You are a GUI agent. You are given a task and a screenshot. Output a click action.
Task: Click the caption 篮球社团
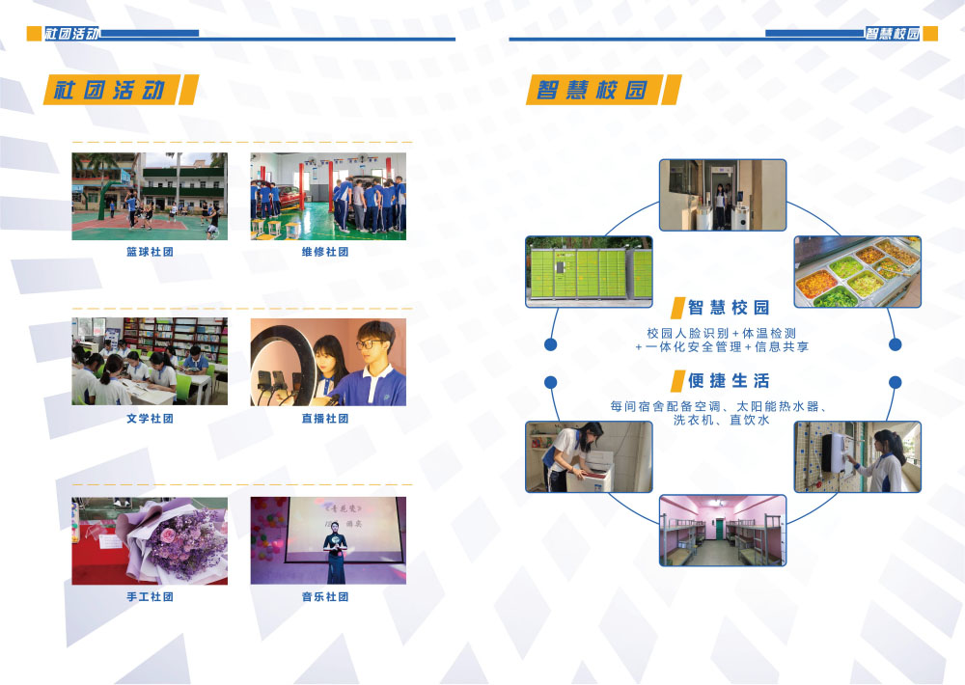150,252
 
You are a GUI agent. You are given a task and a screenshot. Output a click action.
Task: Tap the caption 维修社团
325,252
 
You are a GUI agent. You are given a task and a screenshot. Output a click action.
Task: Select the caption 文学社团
150,419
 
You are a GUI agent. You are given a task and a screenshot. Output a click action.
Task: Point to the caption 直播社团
325,419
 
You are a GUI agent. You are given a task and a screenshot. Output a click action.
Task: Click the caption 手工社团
150,597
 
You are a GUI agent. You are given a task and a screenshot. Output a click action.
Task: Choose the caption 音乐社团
325,597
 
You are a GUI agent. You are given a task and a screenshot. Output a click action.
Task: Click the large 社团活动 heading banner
121,90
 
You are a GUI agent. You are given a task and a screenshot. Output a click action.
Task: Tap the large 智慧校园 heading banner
603,90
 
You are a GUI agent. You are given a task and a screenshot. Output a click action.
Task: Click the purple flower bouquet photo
150,541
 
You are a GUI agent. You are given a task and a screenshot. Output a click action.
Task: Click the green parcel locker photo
589,271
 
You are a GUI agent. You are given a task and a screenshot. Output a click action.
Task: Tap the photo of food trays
857,271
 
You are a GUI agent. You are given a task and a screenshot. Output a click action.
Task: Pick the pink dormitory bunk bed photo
723,530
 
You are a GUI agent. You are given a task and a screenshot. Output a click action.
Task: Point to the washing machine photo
589,456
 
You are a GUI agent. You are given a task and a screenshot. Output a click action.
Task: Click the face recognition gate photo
723,195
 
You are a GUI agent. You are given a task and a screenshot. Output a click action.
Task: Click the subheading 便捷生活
729,381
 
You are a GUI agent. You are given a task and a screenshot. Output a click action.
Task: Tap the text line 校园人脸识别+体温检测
721,333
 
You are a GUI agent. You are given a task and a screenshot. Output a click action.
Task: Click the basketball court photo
150,196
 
